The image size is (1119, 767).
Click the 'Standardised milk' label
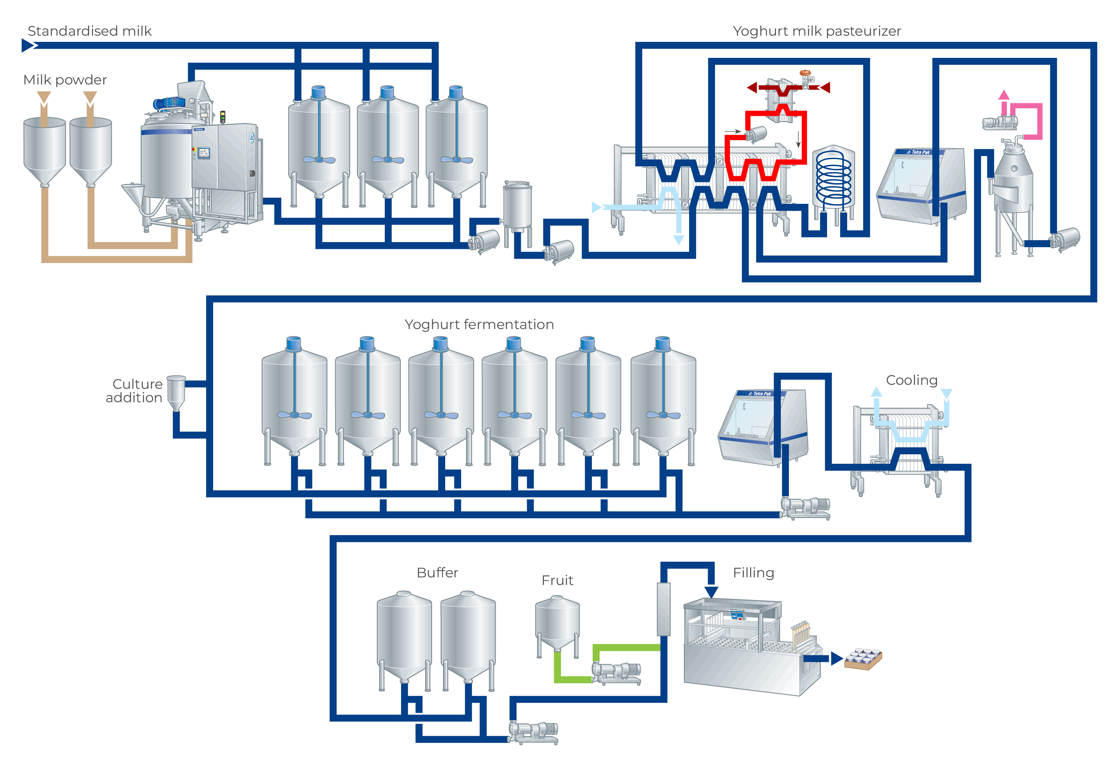[90, 31]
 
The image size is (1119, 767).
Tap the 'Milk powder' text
[65, 80]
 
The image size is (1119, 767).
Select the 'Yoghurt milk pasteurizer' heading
[816, 31]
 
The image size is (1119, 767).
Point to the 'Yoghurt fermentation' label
[479, 324]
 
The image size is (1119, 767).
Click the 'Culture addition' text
[134, 391]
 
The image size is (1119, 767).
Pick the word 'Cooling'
[912, 380]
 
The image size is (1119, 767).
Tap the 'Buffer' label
[437, 573]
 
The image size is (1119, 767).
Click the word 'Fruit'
[557, 581]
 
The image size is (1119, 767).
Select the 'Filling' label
[754, 573]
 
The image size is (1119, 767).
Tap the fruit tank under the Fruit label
[557, 624]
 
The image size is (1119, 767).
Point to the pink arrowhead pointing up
[1004, 95]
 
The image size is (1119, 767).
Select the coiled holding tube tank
[834, 181]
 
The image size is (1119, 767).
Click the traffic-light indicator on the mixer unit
[222, 117]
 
